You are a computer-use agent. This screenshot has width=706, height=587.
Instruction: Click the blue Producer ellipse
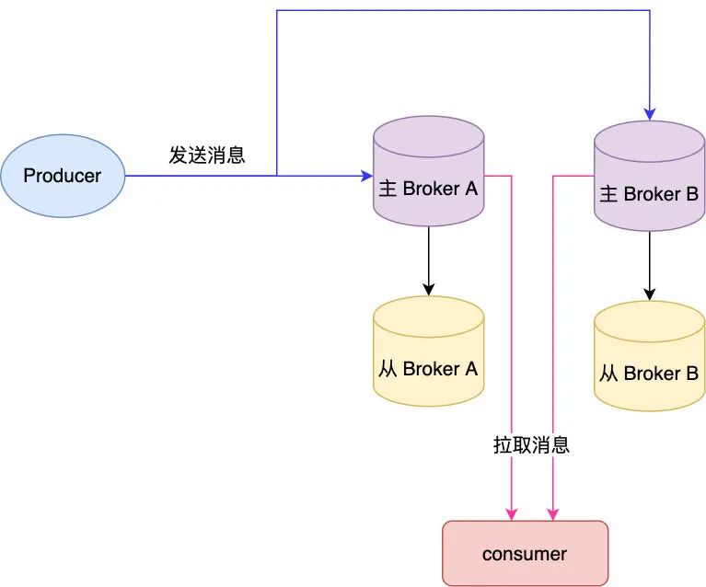click(x=63, y=175)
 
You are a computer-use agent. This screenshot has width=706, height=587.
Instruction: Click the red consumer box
click(x=525, y=553)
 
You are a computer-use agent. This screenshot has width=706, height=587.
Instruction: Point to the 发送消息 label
click(x=207, y=155)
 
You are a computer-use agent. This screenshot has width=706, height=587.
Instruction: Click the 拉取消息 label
click(x=531, y=445)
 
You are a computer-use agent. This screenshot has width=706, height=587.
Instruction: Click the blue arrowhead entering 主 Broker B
click(x=649, y=115)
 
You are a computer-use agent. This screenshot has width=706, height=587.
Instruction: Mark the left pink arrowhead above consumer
click(x=511, y=513)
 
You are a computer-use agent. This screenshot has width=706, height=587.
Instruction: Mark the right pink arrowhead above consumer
click(x=552, y=513)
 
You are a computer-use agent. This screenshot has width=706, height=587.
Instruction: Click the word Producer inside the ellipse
click(x=63, y=175)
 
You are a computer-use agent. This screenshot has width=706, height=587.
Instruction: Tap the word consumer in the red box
click(x=525, y=554)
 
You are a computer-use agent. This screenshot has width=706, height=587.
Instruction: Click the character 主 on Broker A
click(x=388, y=190)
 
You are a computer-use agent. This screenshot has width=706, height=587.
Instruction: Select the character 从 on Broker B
click(x=608, y=374)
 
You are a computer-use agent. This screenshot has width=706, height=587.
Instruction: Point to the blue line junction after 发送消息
click(x=277, y=175)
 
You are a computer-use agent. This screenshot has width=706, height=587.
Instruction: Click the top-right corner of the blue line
click(x=649, y=11)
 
